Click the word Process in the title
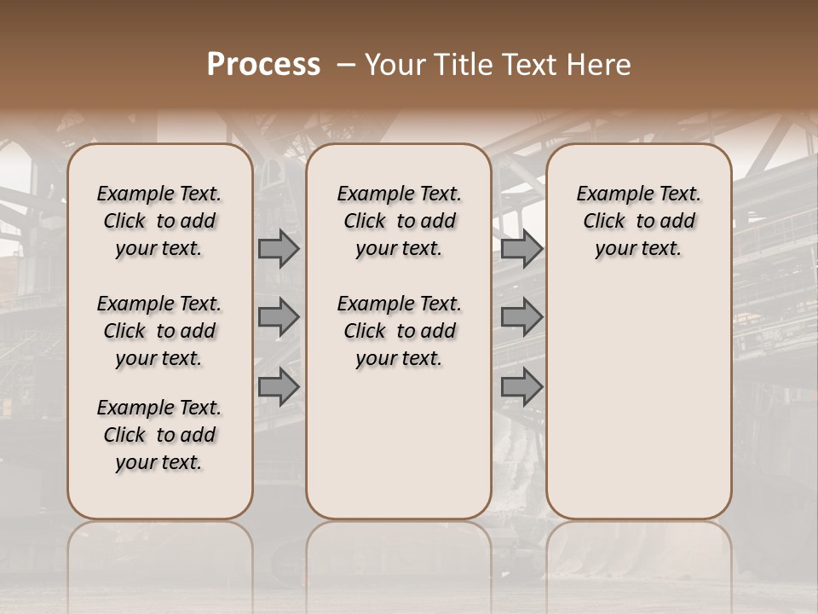pos(263,65)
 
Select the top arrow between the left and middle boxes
pos(278,249)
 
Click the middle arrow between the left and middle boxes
pos(278,318)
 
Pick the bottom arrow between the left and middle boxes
pos(278,386)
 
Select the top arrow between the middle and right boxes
pos(521,249)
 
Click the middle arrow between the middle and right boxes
pos(521,318)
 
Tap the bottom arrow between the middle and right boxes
pos(521,386)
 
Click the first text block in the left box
pos(159,221)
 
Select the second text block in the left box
pos(159,331)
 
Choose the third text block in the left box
pos(159,435)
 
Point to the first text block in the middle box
pos(400,221)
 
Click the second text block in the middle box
pos(400,331)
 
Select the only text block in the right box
pos(639,221)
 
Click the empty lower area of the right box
pos(639,401)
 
